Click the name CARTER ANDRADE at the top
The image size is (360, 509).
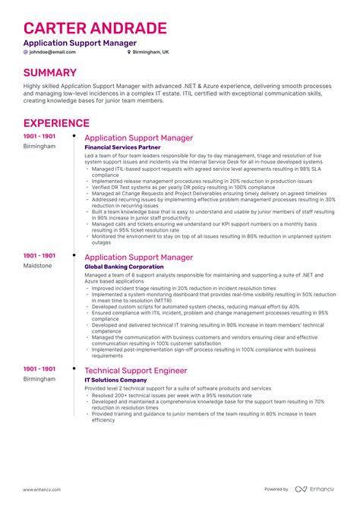95,29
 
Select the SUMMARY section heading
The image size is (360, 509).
50,73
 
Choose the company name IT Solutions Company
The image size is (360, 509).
115,379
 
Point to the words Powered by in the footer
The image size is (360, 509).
276,489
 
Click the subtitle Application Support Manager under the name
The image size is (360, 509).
73,43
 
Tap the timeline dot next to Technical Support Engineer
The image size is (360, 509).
74,370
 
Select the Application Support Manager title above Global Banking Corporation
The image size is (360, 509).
138,258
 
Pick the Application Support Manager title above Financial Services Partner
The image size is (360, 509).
138,138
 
